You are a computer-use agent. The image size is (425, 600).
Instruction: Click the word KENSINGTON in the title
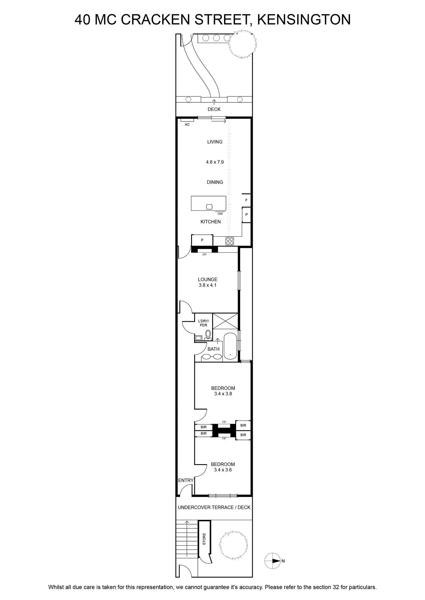point(304,20)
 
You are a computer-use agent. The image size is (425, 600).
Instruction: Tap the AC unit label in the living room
point(187,124)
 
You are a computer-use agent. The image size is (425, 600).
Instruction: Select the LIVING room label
point(215,142)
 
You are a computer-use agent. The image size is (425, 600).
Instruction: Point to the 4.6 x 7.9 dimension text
point(215,162)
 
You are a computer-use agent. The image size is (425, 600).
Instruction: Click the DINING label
point(215,182)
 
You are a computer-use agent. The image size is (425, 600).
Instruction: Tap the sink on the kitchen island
point(209,207)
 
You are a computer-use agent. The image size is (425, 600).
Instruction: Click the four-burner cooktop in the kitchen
point(230,241)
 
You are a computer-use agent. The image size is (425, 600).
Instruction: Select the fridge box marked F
point(246,200)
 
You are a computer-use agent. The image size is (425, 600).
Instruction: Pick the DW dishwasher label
point(220,214)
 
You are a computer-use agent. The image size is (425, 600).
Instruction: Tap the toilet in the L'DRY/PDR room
point(208,335)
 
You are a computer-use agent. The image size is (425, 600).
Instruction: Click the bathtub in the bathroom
point(230,346)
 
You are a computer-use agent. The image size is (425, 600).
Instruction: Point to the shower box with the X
point(225,321)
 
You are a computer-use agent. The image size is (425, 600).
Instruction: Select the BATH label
point(213,349)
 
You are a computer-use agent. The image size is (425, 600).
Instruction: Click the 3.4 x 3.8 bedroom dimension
point(223,394)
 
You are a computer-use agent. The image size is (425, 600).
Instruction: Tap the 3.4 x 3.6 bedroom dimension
point(223,470)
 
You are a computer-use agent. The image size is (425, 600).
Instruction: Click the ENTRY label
point(186,480)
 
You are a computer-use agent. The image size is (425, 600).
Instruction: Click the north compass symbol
point(273,561)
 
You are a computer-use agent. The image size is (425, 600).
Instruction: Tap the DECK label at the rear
point(214,109)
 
